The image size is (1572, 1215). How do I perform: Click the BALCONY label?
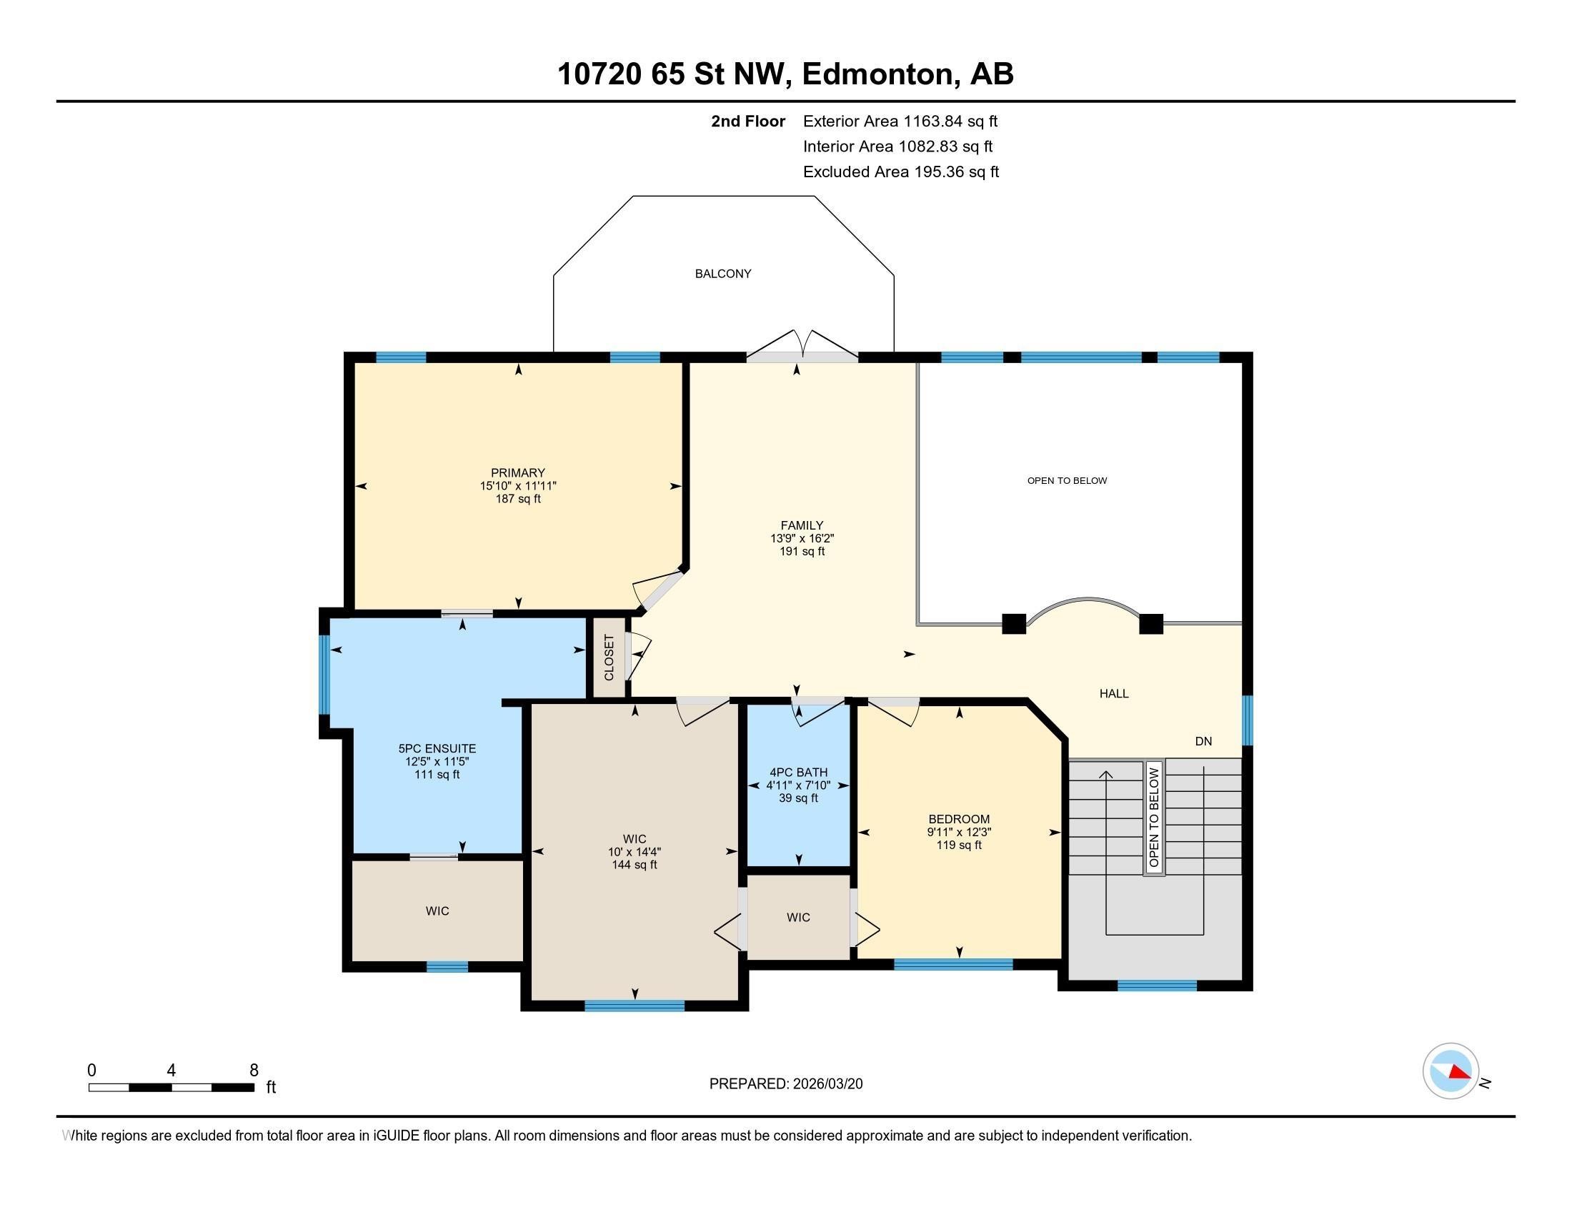coord(722,274)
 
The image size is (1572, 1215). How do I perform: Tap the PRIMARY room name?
coord(517,473)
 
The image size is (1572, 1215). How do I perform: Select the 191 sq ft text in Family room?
coord(801,551)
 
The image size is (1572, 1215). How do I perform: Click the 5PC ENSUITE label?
coord(437,748)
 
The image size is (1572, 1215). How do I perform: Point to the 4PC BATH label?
coord(798,773)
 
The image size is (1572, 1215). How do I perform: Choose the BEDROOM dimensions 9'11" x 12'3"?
coord(959,832)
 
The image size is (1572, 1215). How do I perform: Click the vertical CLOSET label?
coord(609,657)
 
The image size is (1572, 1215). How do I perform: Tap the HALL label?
coord(1113,694)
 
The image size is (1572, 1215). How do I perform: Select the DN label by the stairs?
coord(1203,740)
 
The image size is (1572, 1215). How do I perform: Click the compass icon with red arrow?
coord(1451,1071)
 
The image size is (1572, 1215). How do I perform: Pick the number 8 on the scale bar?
coord(254,1071)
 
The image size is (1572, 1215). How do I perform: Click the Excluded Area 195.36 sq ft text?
coord(900,172)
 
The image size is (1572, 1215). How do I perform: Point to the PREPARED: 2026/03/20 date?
coord(785,1084)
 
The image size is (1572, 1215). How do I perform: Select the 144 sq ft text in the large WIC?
coord(634,866)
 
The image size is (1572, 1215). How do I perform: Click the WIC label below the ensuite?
coord(437,911)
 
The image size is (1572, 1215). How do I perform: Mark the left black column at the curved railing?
coord(1013,623)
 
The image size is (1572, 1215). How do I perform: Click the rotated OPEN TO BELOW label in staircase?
coord(1154,817)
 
